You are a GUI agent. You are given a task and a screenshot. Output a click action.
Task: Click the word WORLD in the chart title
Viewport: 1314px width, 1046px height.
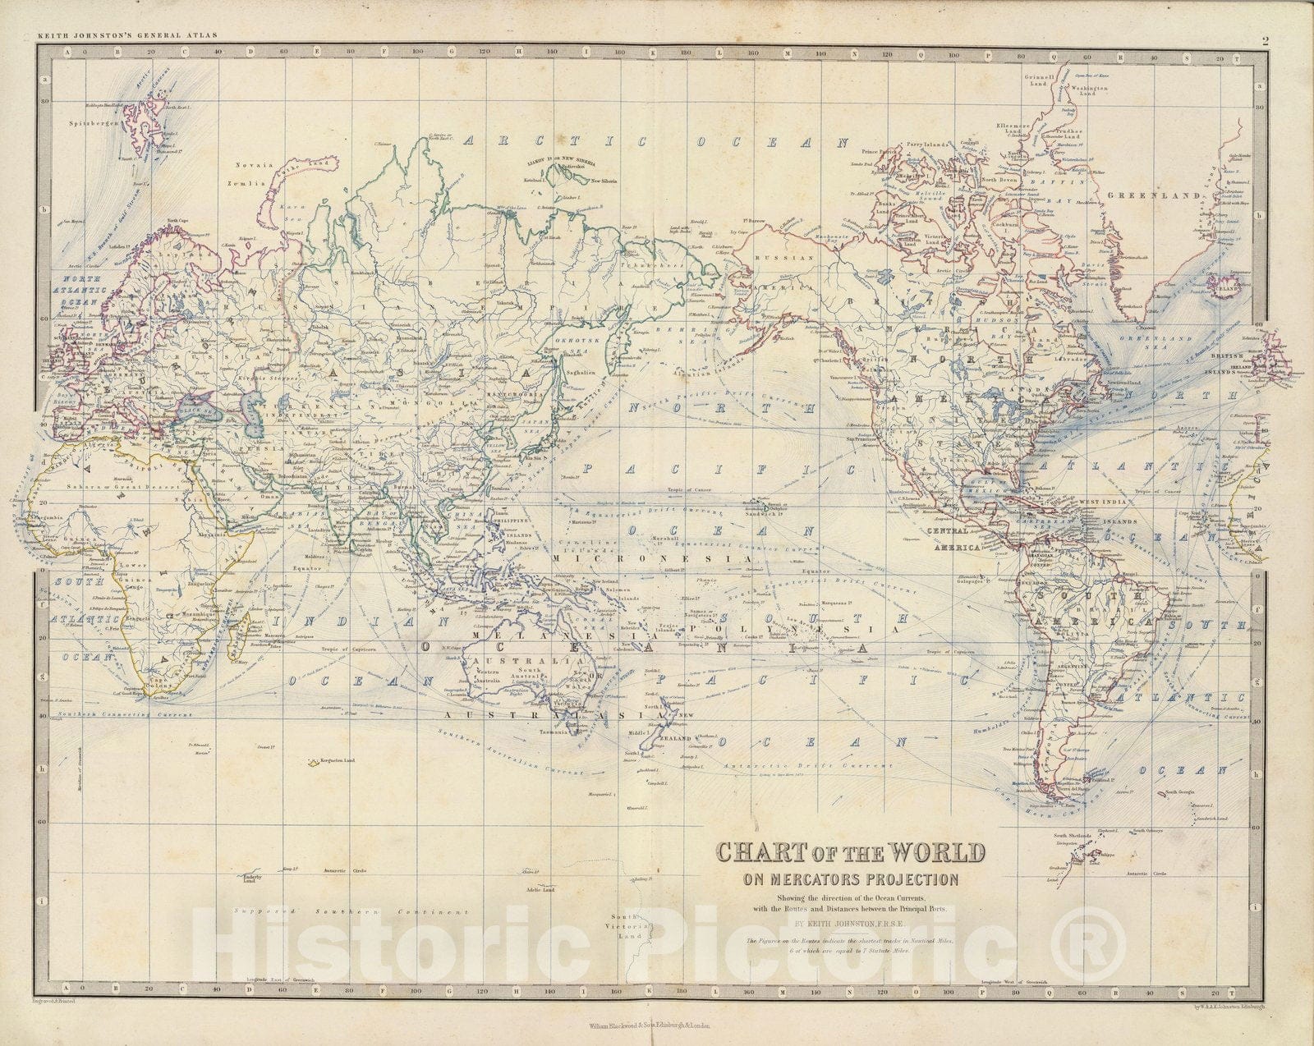click(931, 852)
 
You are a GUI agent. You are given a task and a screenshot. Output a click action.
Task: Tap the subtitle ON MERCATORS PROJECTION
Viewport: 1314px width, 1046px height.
click(849, 879)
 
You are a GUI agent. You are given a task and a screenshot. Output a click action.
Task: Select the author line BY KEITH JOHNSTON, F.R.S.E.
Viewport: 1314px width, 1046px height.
click(850, 923)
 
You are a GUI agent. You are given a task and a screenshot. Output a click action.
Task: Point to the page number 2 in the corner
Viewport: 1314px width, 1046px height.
click(1266, 39)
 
